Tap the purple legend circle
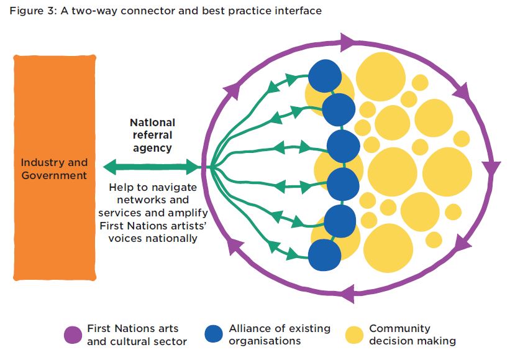click(x=73, y=335)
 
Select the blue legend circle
click(x=214, y=335)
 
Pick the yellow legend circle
click(x=354, y=335)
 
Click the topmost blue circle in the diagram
click(x=325, y=75)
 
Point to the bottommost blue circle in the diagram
click(x=324, y=255)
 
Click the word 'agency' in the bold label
click(x=151, y=148)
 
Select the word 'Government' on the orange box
click(x=55, y=175)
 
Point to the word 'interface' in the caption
click(x=299, y=11)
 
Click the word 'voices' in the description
click(x=123, y=238)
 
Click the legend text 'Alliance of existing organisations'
click(x=279, y=335)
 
